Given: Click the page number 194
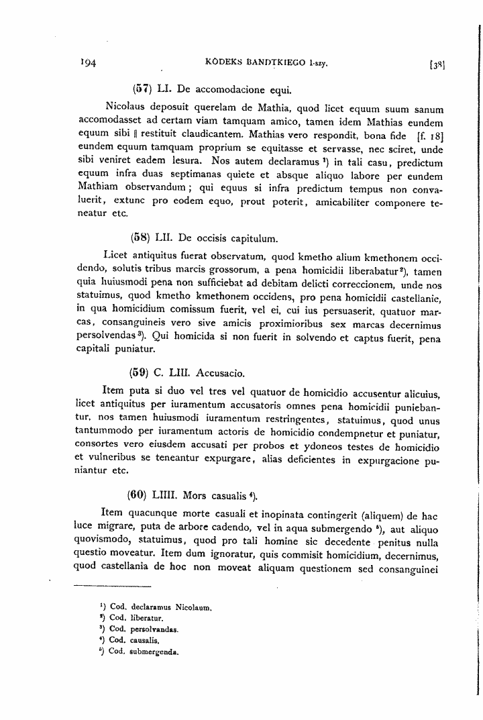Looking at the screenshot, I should coord(89,64).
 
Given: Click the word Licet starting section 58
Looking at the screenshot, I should coord(117,256).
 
